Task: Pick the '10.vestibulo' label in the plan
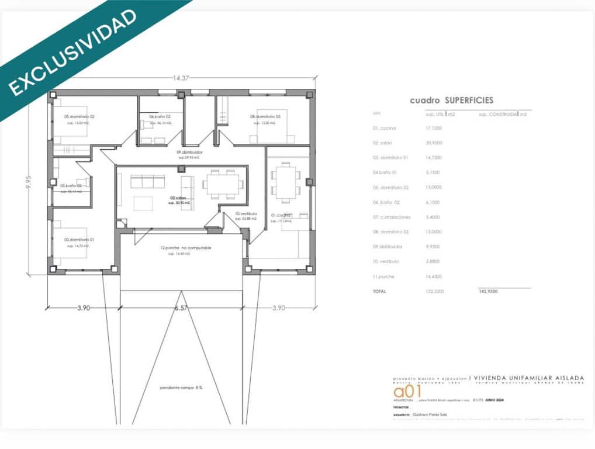tap(246, 214)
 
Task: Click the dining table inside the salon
tap(223, 184)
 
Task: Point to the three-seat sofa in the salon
tap(147, 182)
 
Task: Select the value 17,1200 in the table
tap(434, 128)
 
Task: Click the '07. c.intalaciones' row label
tap(392, 217)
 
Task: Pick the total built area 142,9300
tap(488, 291)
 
